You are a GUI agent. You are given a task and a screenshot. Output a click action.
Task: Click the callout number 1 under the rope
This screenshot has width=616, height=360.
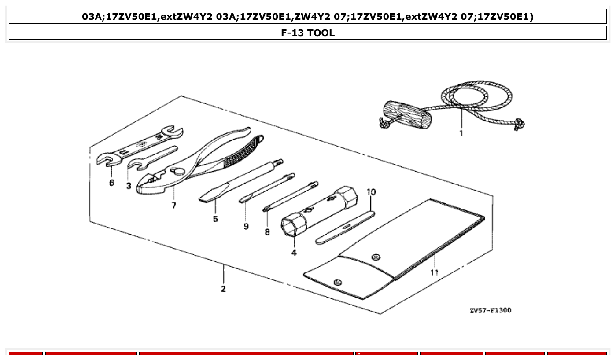click(x=461, y=133)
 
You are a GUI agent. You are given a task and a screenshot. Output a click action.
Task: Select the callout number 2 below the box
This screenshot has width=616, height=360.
click(x=223, y=289)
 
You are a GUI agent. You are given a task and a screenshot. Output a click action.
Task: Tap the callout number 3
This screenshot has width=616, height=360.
click(x=129, y=186)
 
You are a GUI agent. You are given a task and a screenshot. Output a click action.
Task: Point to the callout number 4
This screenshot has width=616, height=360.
click(x=294, y=253)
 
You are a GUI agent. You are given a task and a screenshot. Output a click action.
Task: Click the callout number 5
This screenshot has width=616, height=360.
click(x=215, y=219)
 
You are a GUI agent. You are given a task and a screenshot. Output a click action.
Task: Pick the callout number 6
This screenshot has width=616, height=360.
click(x=112, y=182)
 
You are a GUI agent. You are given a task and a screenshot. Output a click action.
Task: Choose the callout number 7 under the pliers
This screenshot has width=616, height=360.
click(x=174, y=206)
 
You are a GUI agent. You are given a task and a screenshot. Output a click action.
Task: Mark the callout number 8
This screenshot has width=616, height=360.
click(x=267, y=231)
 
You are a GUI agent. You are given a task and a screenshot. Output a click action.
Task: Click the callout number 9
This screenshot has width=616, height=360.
click(x=246, y=226)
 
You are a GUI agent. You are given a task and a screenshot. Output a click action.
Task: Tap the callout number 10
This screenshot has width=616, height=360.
click(x=371, y=192)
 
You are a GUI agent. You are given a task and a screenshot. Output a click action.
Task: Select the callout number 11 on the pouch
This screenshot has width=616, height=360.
click(x=434, y=272)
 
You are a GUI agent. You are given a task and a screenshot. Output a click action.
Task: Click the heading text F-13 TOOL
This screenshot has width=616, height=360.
click(x=308, y=33)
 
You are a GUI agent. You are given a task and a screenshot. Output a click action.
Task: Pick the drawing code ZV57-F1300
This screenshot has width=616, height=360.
click(x=490, y=310)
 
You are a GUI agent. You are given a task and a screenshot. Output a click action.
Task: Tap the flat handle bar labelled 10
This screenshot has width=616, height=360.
click(x=345, y=227)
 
